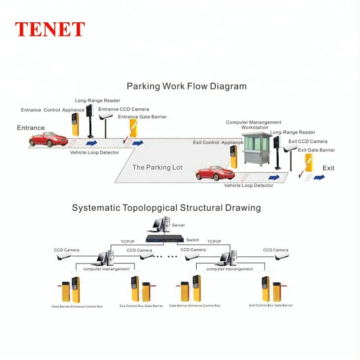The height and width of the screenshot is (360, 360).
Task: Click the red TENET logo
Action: pyautogui.click(x=50, y=30)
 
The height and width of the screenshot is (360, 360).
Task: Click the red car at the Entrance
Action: pyautogui.click(x=48, y=139)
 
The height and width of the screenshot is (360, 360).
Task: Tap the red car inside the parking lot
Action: pyautogui.click(x=215, y=173)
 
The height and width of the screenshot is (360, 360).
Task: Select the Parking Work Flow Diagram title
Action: pyautogui.click(x=186, y=86)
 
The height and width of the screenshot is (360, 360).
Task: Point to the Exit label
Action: pyautogui.click(x=328, y=168)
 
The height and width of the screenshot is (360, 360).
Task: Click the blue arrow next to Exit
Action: pyautogui.click(x=319, y=177)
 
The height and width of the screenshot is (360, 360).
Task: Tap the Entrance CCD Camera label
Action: pyautogui.click(x=123, y=109)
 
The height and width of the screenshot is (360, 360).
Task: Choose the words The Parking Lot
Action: pyautogui.click(x=157, y=167)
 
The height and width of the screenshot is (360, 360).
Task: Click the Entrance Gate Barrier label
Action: pyautogui.click(x=142, y=117)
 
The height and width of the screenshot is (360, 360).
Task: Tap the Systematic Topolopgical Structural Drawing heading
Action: pyautogui.click(x=166, y=208)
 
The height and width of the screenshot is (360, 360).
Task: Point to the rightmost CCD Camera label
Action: pyautogui.click(x=275, y=250)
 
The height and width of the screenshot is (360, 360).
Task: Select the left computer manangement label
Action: pyautogui.click(x=106, y=269)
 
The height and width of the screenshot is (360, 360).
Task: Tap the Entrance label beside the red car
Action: pyautogui.click(x=31, y=128)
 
